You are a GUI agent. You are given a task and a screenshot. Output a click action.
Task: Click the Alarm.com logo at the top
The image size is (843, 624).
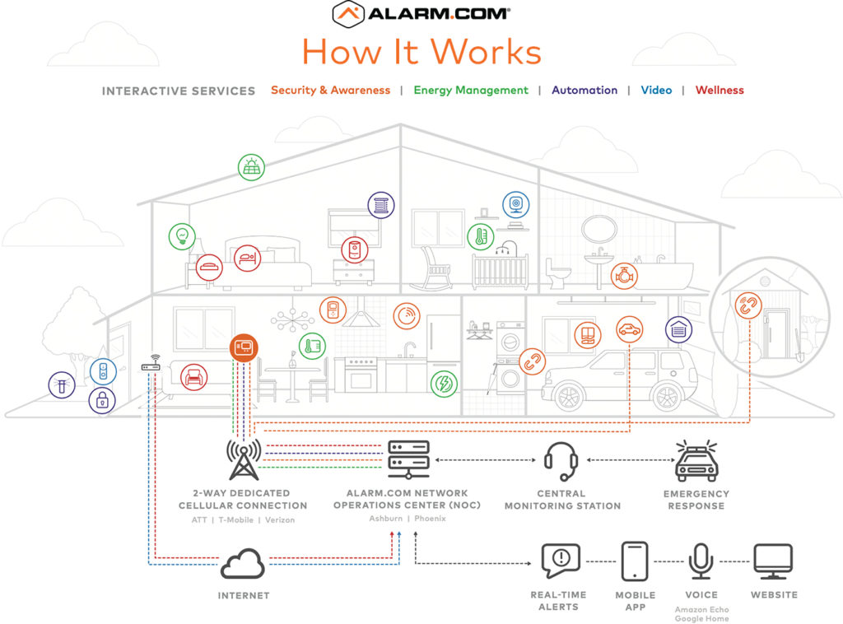[x=421, y=14]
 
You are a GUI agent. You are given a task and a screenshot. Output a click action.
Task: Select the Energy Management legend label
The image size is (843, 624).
[x=471, y=91]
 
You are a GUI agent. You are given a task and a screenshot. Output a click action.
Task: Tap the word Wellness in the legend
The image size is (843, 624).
[x=720, y=91]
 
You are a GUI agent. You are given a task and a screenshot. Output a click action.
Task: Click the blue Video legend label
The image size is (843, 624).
[x=656, y=91]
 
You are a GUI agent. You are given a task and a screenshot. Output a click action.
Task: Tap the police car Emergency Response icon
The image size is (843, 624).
[x=696, y=462]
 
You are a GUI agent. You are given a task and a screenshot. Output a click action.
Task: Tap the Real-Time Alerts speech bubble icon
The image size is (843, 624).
[x=561, y=561]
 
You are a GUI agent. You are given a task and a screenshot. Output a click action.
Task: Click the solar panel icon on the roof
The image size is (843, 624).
[x=252, y=167]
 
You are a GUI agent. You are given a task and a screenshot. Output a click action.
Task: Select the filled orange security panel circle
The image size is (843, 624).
[x=244, y=347]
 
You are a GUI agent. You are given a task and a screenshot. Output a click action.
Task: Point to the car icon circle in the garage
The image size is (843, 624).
[x=630, y=330]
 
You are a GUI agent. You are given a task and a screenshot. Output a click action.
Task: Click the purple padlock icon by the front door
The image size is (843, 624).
[x=102, y=402]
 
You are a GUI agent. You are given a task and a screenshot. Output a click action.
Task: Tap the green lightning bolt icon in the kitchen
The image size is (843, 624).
[x=445, y=383]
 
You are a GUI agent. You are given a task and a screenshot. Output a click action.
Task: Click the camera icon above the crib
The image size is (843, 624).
[x=516, y=204]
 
